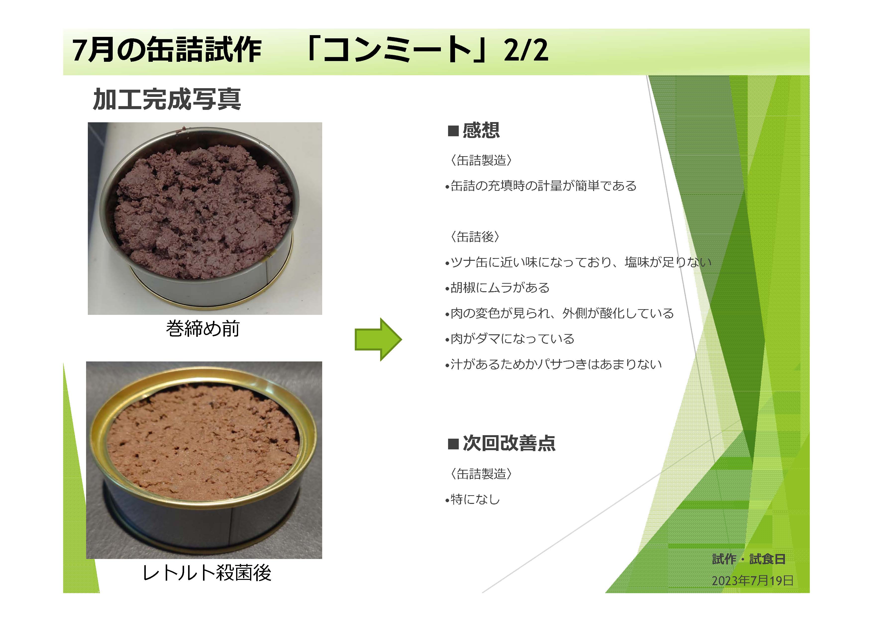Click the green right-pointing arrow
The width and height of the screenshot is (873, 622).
click(378, 339)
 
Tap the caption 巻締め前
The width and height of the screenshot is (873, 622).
click(203, 329)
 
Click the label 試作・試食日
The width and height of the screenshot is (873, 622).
click(749, 559)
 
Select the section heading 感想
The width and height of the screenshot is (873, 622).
click(481, 130)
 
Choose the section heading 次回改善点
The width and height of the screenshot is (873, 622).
click(509, 443)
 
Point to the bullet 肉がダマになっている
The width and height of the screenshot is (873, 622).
click(510, 339)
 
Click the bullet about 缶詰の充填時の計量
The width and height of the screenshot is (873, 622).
click(541, 186)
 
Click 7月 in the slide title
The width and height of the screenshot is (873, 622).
click(93, 50)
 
